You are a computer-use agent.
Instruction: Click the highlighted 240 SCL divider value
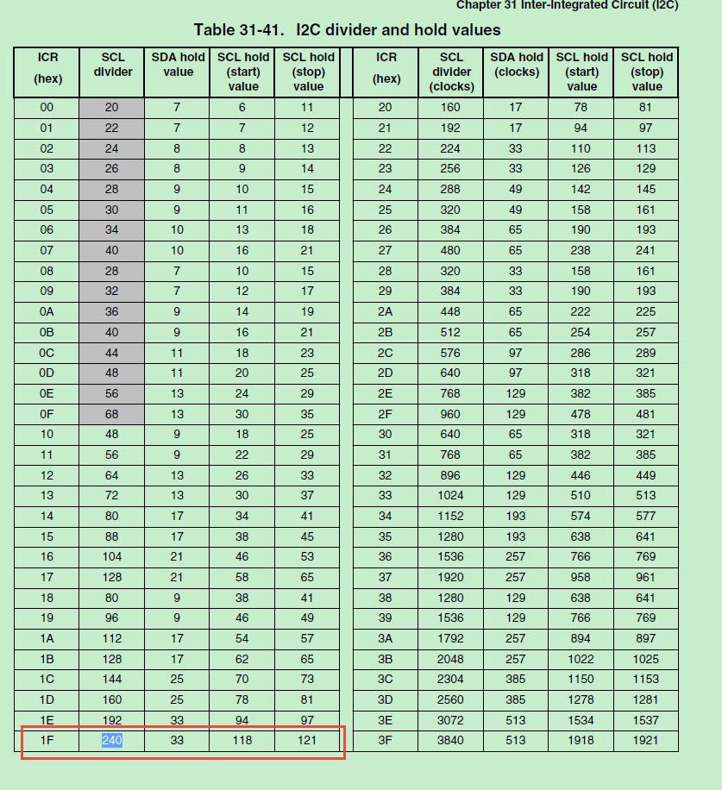(x=112, y=740)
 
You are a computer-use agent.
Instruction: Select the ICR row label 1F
(x=47, y=740)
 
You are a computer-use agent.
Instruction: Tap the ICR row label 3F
(x=385, y=740)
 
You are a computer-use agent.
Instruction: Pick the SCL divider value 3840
(x=450, y=740)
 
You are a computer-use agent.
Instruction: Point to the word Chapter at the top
(x=480, y=5)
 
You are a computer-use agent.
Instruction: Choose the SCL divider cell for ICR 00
(x=112, y=108)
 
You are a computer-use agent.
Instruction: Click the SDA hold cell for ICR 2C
(x=515, y=353)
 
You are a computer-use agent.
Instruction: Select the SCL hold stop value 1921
(x=646, y=740)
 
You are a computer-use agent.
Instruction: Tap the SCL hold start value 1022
(x=581, y=659)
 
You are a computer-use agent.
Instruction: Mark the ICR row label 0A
(x=47, y=311)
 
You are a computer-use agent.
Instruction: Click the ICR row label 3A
(x=385, y=638)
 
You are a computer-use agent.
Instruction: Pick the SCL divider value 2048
(x=450, y=659)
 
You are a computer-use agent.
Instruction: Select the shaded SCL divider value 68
(x=112, y=414)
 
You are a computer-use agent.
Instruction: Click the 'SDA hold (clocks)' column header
(x=516, y=65)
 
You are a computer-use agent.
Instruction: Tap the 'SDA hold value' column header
(x=178, y=65)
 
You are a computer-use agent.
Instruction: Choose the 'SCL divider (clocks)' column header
(x=451, y=72)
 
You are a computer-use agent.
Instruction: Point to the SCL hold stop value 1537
(x=646, y=720)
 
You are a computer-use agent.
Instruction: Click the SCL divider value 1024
(x=450, y=495)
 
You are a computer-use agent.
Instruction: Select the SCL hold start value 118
(x=242, y=740)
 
